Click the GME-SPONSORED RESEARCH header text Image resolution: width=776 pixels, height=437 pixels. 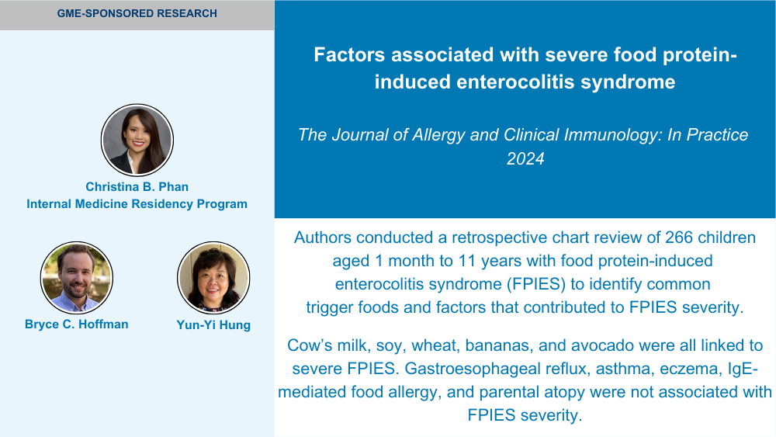click(x=137, y=13)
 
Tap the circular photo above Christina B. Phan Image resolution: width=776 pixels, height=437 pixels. click(x=137, y=140)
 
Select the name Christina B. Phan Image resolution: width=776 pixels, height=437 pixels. click(x=137, y=186)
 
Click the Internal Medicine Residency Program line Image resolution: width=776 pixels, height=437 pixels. click(x=137, y=204)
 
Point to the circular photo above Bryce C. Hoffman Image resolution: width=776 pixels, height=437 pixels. click(x=77, y=278)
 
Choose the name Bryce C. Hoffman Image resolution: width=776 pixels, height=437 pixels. click(x=77, y=324)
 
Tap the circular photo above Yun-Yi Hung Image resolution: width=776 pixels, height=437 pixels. click(x=213, y=278)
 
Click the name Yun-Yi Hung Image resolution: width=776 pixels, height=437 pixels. click(x=213, y=324)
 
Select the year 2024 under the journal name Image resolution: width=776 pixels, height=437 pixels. click(x=525, y=158)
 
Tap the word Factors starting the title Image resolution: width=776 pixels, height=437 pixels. click(x=349, y=54)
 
